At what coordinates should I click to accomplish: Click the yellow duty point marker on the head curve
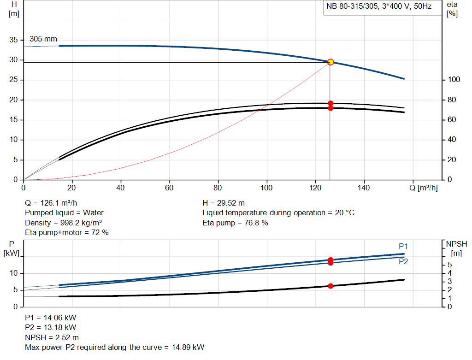coord(330,62)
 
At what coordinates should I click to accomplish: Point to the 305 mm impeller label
coord(43,39)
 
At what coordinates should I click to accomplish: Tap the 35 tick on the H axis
coord(13,40)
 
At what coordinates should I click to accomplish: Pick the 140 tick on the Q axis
coord(364,188)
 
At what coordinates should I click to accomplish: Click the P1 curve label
coord(403,246)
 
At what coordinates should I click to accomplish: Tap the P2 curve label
coord(403,261)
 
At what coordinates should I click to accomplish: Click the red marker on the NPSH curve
coord(330,286)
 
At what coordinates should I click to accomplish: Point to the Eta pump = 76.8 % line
coord(235,223)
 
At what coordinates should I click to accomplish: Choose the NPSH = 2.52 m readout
coord(52,337)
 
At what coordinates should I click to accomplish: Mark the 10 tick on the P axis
coord(13,273)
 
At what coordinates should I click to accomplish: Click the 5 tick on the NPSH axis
coord(450,265)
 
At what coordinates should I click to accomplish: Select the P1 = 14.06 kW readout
coord(50,318)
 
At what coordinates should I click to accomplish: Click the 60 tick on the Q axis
coord(170,188)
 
